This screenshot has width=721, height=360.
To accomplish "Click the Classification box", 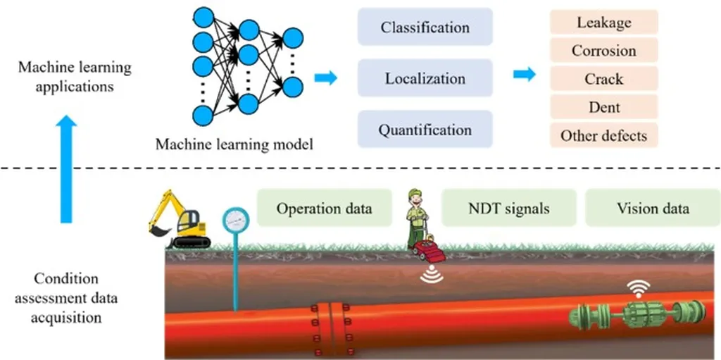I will (425, 27).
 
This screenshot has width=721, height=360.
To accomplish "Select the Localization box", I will (425, 78).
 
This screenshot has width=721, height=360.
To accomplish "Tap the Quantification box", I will (425, 130).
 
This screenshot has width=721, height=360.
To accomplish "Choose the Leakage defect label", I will (603, 22).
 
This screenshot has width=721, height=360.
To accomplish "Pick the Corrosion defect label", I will (603, 50).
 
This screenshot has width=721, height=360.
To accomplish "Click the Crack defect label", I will (603, 78).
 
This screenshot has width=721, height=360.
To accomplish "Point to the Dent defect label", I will (603, 107).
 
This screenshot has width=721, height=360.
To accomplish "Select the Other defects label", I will (603, 135).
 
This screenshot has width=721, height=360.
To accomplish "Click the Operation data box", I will (324, 208).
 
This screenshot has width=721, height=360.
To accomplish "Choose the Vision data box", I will (653, 208).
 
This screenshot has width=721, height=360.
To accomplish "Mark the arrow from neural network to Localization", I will (325, 77).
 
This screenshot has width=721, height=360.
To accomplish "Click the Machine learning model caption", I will (234, 144).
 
